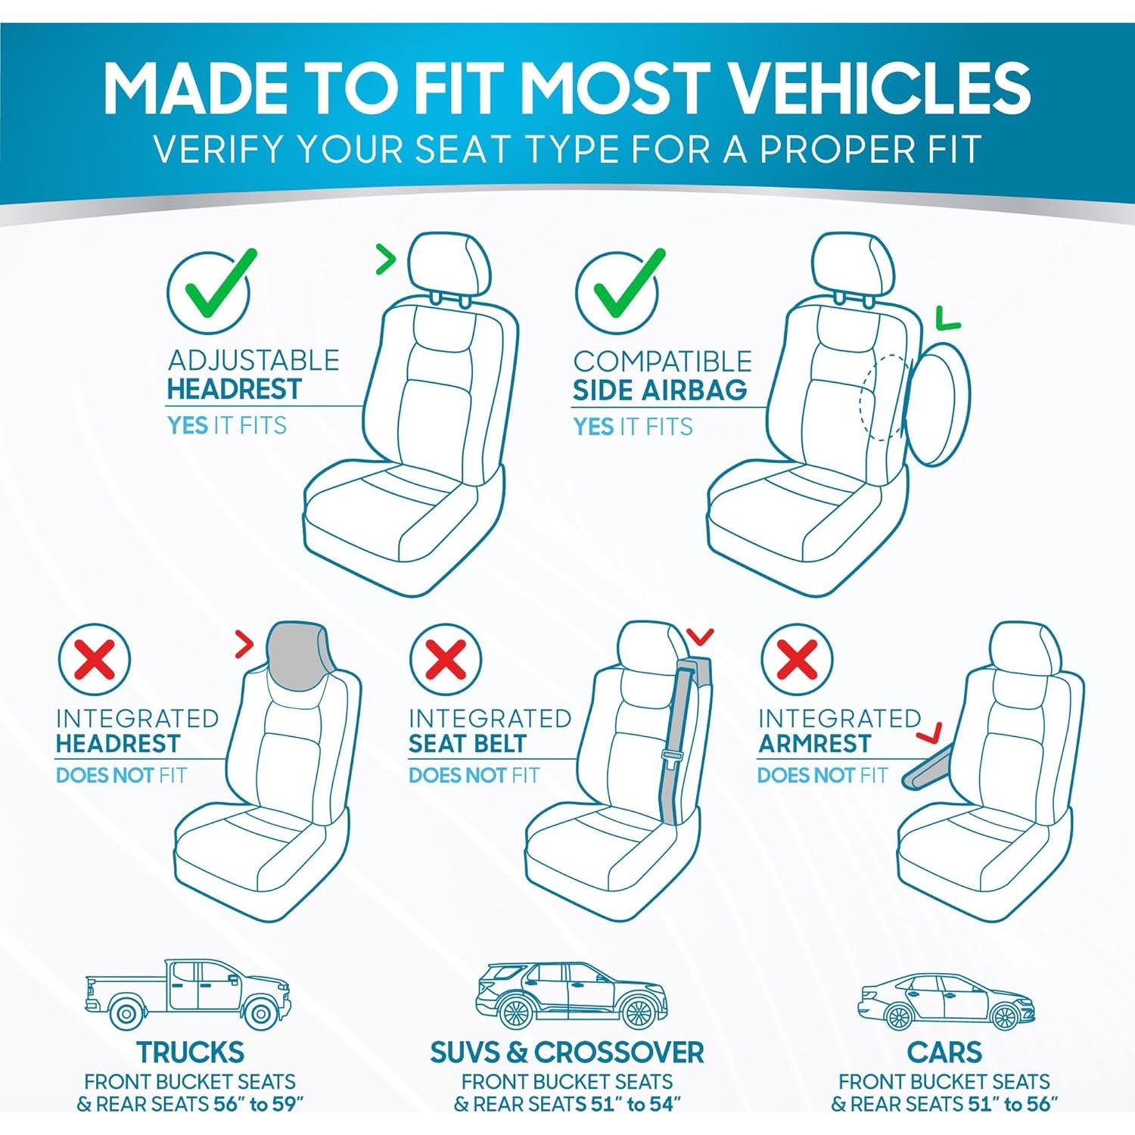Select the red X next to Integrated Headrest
click(x=95, y=658)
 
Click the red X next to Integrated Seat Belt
click(x=446, y=658)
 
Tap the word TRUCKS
click(x=191, y=1053)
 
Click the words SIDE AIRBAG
click(x=659, y=390)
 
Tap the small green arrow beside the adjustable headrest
click(x=387, y=260)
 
